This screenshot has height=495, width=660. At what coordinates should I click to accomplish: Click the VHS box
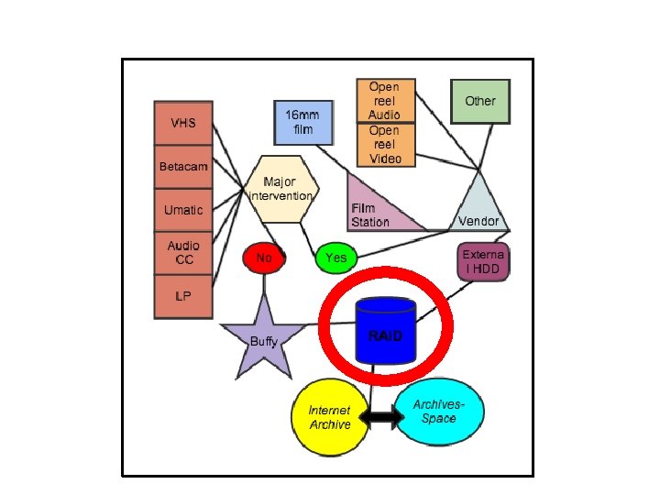(x=183, y=123)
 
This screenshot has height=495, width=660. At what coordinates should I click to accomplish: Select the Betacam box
(x=183, y=167)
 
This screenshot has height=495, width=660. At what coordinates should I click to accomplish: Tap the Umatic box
(x=183, y=211)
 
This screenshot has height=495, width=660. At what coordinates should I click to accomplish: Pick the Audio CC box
(x=183, y=253)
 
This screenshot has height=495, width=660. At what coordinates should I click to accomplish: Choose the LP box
(x=183, y=296)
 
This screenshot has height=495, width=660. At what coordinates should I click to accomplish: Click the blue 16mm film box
(x=302, y=123)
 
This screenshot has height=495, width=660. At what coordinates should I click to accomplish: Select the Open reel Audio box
(x=385, y=101)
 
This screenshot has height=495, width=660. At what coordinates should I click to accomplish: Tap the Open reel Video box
(x=385, y=145)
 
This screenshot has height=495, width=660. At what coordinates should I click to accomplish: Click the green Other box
(x=479, y=101)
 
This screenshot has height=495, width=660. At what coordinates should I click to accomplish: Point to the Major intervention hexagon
(x=280, y=189)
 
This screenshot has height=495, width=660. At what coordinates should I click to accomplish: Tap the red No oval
(x=264, y=258)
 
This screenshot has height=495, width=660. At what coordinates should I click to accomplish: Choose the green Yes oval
(x=336, y=258)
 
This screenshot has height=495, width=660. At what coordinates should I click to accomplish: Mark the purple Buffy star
(x=264, y=339)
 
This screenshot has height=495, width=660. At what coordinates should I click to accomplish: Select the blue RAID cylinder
(x=385, y=332)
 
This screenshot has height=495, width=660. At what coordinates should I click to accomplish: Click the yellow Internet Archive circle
(x=330, y=419)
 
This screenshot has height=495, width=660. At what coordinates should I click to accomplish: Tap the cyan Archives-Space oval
(x=438, y=412)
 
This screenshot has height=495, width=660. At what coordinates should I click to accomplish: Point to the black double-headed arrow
(x=381, y=418)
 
